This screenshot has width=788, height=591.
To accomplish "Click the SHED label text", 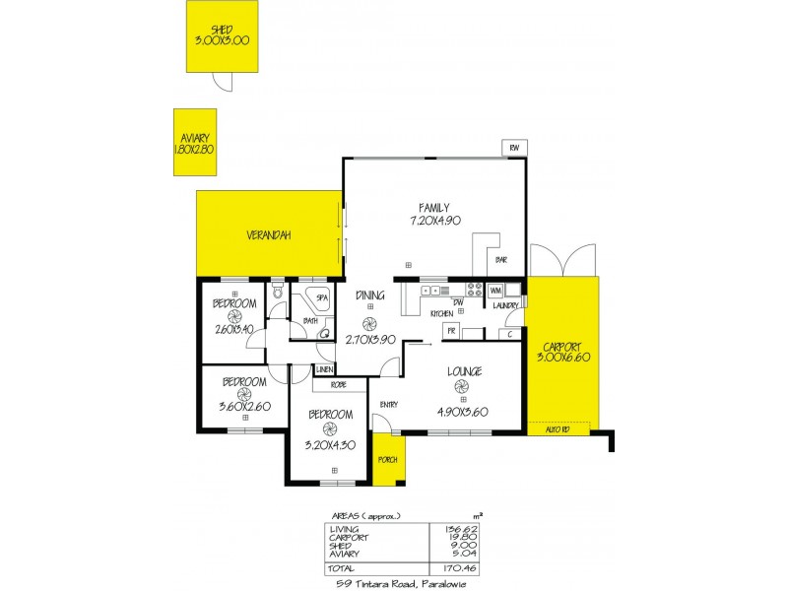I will point(223,29).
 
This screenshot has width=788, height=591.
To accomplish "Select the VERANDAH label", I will point(269,234).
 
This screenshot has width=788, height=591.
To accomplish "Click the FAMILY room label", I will point(433,208).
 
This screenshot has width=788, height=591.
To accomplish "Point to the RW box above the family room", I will point(514,148).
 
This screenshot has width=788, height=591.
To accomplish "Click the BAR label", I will point(500,260).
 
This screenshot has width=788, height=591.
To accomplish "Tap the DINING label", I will point(370,294).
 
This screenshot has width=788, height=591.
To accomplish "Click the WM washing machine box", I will point(495,290).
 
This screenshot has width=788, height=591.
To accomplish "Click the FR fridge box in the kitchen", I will point(451,332).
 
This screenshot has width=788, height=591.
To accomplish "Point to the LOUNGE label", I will point(463,371).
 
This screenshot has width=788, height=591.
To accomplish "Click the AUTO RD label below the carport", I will point(558,428).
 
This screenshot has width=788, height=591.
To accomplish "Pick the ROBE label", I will point(338,384).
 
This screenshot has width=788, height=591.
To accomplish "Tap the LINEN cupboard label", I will point(324,368).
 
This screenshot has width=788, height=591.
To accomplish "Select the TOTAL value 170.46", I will point(448,567).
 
